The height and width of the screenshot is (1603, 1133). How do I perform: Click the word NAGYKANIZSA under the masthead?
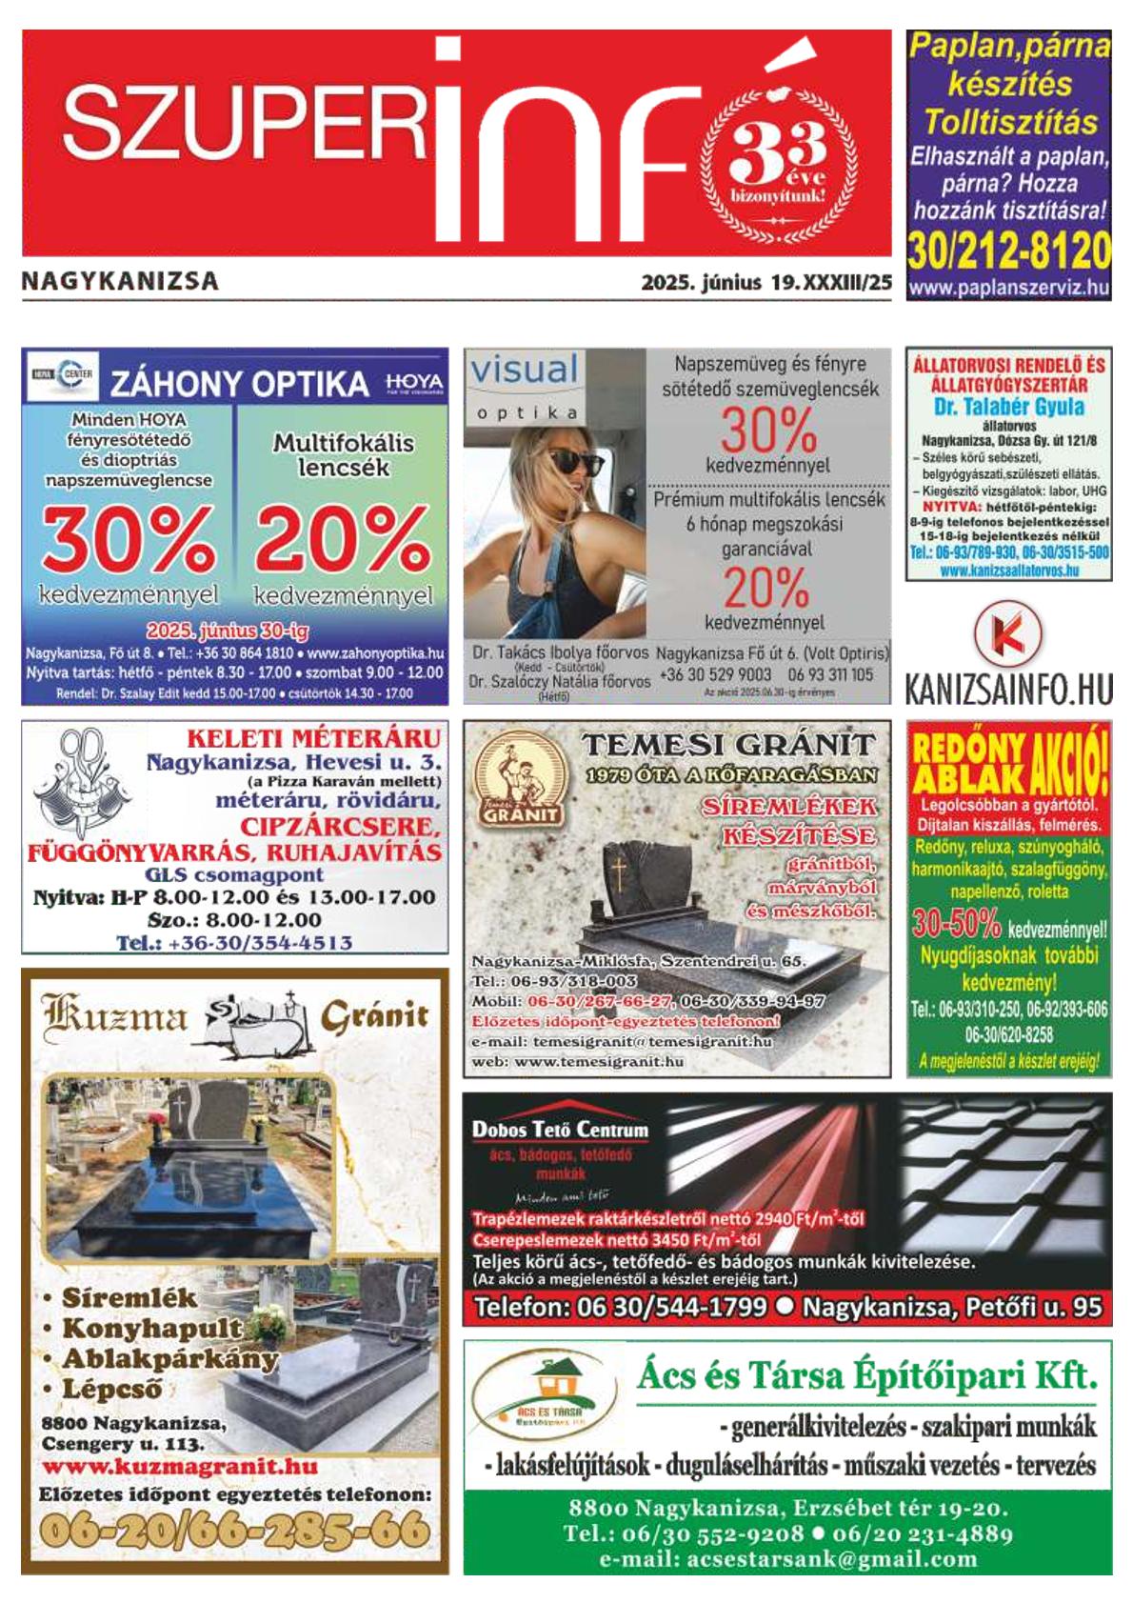[120, 281]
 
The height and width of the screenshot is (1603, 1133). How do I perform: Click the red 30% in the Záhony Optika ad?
[128, 538]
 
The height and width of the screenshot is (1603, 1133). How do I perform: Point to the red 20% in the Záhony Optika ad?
[342, 538]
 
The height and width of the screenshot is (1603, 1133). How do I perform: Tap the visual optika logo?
[525, 384]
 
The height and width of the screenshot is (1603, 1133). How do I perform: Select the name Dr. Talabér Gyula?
[1008, 407]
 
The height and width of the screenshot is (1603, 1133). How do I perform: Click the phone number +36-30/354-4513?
[234, 943]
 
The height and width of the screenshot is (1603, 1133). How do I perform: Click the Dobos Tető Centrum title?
[560, 1131]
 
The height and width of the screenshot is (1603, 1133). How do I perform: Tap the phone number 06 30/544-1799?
[620, 1307]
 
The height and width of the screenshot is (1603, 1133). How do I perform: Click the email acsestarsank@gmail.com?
[787, 1559]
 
